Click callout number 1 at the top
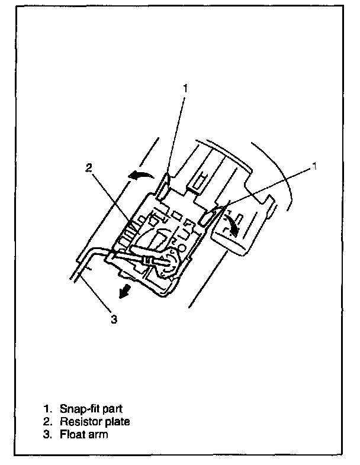pyautogui.click(x=185, y=88)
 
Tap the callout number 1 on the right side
pyautogui.click(x=314, y=166)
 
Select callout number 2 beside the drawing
pyautogui.click(x=89, y=168)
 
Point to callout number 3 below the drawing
pyautogui.click(x=114, y=319)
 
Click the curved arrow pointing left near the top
pyautogui.click(x=140, y=175)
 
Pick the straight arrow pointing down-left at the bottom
pyautogui.click(x=125, y=291)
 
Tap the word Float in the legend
pyautogui.click(x=71, y=434)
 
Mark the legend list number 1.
pyautogui.click(x=47, y=409)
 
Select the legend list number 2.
pyautogui.click(x=47, y=421)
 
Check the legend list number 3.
pyautogui.click(x=47, y=434)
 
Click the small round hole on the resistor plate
pyautogui.click(x=182, y=247)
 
